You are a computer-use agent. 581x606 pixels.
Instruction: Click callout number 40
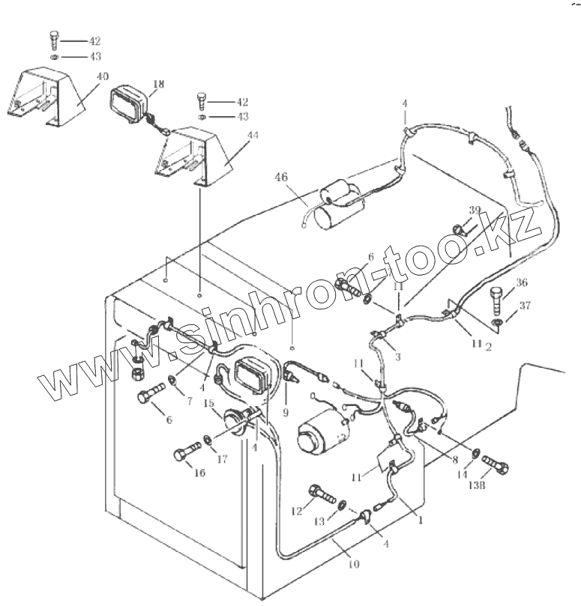[102, 76]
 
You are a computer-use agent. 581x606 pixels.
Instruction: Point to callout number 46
[280, 178]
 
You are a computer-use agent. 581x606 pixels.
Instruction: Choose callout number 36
[523, 283]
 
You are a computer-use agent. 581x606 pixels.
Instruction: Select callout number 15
[210, 404]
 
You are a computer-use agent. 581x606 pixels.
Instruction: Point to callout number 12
[296, 512]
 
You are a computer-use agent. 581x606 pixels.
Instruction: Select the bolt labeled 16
[187, 453]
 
